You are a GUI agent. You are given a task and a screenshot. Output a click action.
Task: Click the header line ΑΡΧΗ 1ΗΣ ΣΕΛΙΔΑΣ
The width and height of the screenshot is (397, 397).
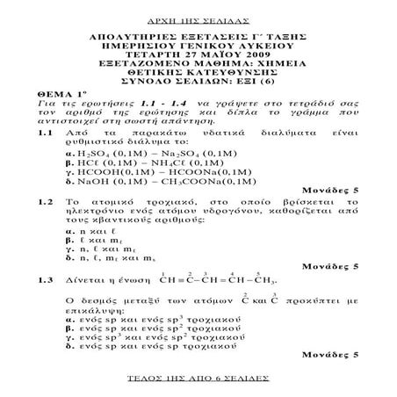tap(198, 17)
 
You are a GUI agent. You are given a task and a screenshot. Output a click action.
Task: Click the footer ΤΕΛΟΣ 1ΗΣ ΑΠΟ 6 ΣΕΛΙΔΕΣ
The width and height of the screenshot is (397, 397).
tap(198, 385)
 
